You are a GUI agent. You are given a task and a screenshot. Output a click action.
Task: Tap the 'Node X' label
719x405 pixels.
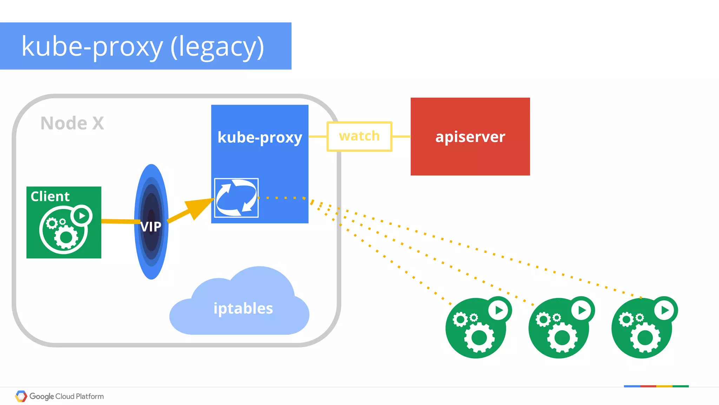tap(72, 123)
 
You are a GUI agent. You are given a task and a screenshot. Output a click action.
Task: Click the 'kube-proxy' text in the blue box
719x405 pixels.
tap(259, 137)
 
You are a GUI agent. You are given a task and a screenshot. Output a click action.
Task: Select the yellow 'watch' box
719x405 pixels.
tap(359, 137)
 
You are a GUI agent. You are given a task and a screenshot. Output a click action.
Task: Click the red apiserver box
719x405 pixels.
tap(470, 155)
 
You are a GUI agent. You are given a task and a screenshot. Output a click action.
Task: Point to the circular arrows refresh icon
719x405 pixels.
tap(236, 198)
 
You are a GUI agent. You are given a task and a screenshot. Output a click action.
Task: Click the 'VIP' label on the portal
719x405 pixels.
tap(151, 227)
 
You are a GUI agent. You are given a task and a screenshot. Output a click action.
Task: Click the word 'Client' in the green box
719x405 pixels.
tap(50, 196)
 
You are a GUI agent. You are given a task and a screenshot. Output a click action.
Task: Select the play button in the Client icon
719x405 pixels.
tap(81, 216)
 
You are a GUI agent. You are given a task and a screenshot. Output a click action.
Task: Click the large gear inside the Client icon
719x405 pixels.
tap(66, 237)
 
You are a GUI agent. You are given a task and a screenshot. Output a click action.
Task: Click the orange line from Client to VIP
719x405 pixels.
tap(119, 221)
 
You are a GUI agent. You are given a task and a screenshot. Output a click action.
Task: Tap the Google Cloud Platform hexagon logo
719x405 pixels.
tap(21, 396)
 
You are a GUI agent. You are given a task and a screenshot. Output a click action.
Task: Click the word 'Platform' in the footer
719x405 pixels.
tap(90, 396)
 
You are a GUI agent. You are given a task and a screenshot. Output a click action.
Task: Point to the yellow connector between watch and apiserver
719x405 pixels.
tap(401, 137)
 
